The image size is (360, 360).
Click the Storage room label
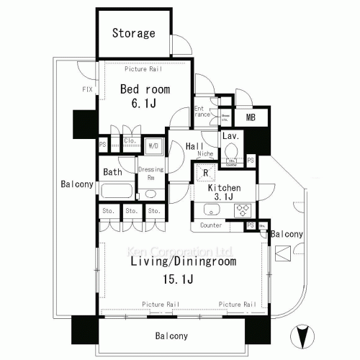[x=133, y=33]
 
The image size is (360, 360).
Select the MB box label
[x=251, y=117]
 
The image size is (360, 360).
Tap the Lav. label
[x=230, y=135]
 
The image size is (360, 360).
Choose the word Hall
[x=194, y=146]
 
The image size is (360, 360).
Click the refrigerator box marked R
[x=205, y=174]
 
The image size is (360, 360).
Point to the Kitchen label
[x=224, y=188]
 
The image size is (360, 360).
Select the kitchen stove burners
[x=243, y=210]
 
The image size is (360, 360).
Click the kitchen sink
[x=212, y=210]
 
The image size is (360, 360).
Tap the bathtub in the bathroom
[x=117, y=192]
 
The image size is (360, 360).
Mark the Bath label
[x=112, y=172]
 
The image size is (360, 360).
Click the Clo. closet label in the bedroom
[x=130, y=141]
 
